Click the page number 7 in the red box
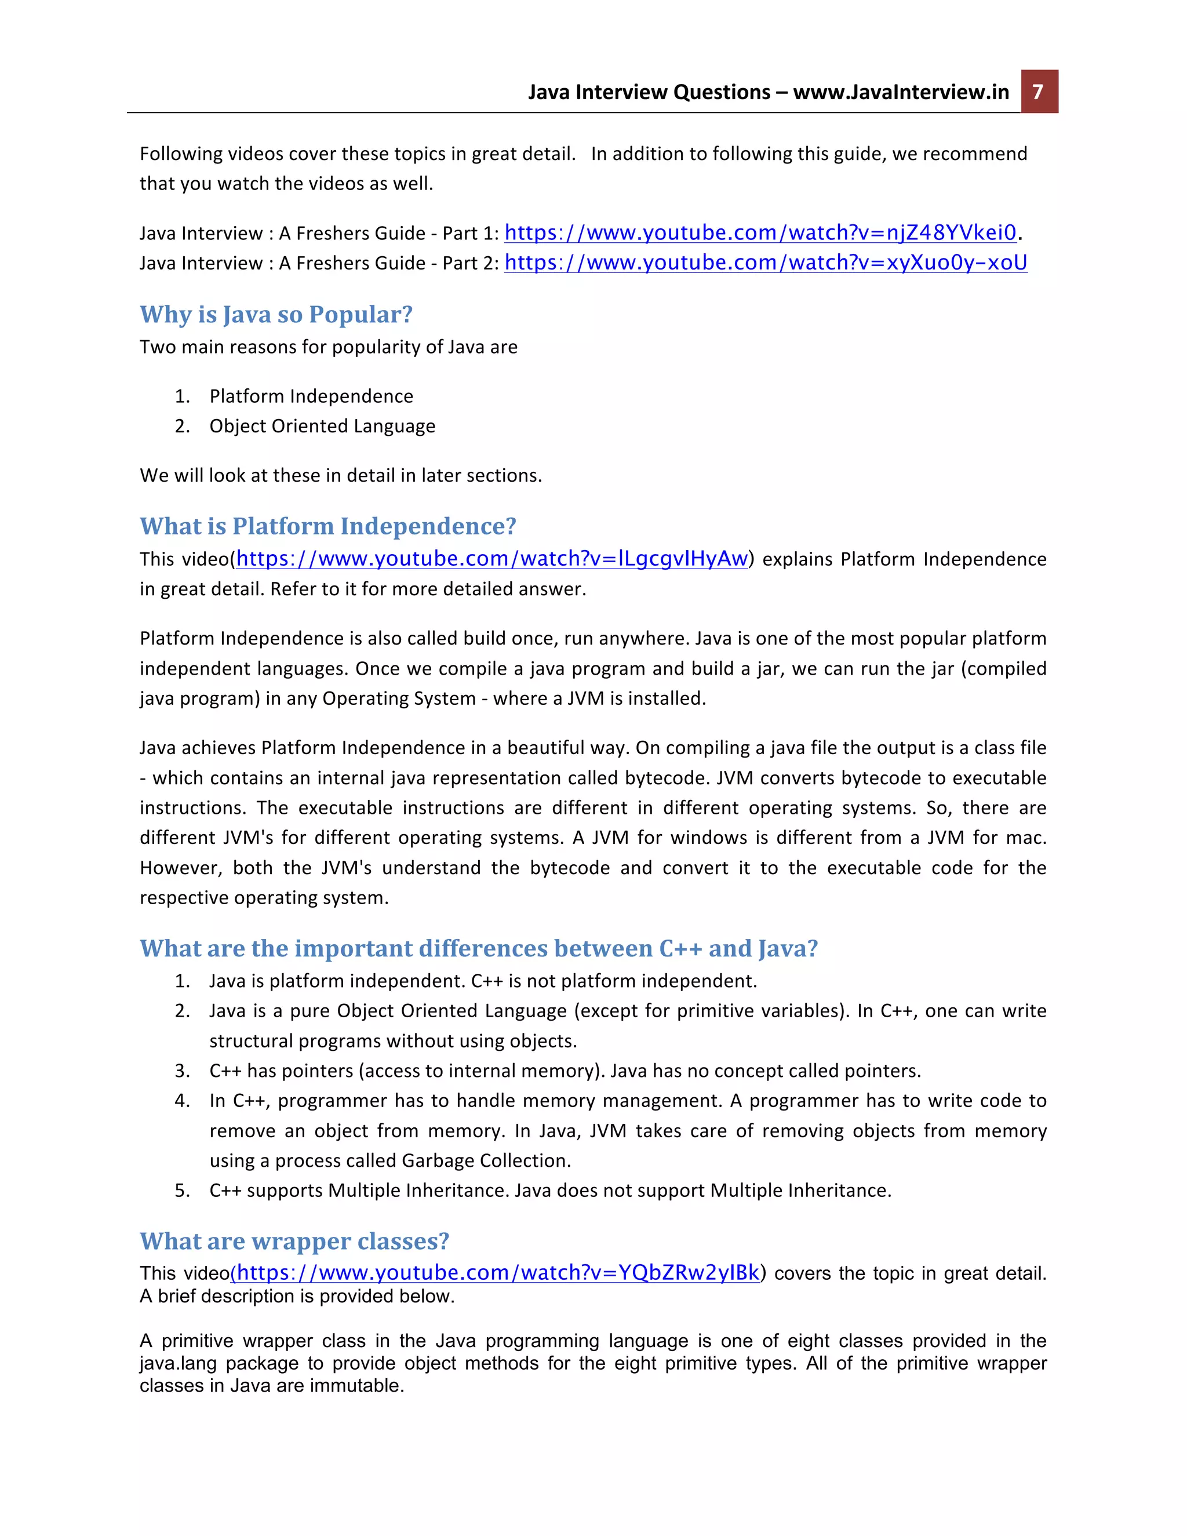[x=1038, y=92]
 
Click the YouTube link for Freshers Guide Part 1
[x=760, y=233]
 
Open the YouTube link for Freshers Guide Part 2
[x=765, y=263]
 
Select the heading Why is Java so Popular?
[x=276, y=314]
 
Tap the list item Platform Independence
[x=311, y=396]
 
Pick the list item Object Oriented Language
[x=322, y=426]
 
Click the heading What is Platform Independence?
[x=327, y=526]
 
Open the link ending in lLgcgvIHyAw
[x=491, y=559]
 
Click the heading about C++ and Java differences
[x=478, y=949]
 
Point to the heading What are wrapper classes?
[x=294, y=1242]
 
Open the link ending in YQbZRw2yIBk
[x=498, y=1273]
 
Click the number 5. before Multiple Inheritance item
[x=182, y=1191]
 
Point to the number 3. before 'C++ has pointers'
[x=182, y=1071]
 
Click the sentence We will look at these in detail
[x=340, y=475]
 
